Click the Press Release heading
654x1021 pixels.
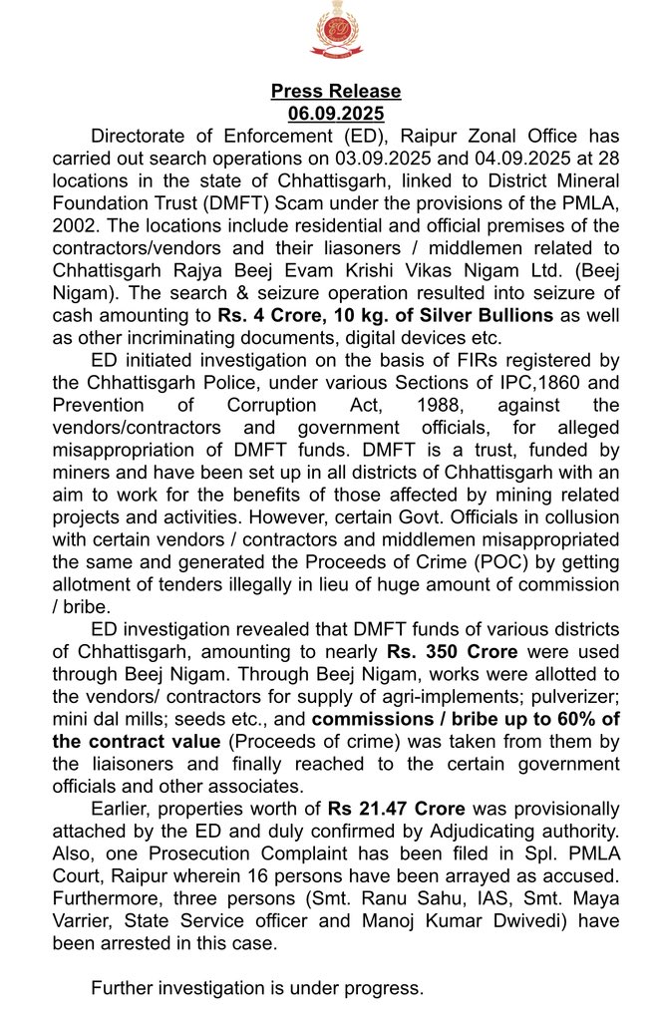336,92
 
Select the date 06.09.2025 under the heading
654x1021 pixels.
336,114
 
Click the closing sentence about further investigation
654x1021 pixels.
257,989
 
